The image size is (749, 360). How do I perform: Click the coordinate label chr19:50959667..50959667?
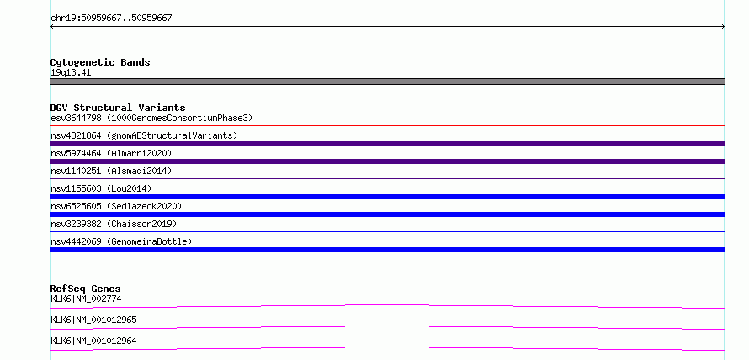click(x=111, y=19)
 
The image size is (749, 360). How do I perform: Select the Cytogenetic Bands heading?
click(x=100, y=62)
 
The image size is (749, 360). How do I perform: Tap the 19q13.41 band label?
click(x=71, y=72)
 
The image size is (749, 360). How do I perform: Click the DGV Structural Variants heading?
click(x=118, y=108)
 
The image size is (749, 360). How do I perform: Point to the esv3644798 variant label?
click(x=151, y=118)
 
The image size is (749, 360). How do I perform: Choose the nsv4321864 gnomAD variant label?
click(x=144, y=135)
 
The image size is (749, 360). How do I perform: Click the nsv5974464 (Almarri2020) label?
click(x=111, y=153)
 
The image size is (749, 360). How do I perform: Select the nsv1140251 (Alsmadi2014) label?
click(x=111, y=171)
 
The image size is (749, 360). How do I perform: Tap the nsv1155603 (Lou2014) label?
click(x=101, y=188)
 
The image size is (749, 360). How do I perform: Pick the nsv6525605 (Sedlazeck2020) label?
click(x=116, y=206)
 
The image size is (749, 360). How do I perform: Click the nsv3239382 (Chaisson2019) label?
click(x=114, y=224)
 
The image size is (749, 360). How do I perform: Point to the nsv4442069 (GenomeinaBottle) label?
click(x=121, y=241)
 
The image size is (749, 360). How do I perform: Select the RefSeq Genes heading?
click(x=86, y=289)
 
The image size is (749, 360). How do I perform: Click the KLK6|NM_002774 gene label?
click(x=86, y=299)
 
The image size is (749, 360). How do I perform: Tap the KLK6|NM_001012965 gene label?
click(x=93, y=320)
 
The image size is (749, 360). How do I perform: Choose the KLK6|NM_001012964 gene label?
click(x=93, y=341)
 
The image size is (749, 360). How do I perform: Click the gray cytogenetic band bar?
click(x=387, y=82)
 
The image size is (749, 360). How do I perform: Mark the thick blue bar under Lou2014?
click(x=387, y=197)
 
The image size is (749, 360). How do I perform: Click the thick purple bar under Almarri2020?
click(x=387, y=161)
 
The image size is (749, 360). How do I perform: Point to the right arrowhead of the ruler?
click(x=723, y=27)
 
